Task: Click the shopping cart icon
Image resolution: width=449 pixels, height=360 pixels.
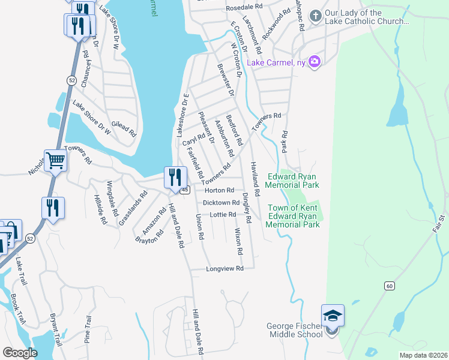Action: coord(55,160)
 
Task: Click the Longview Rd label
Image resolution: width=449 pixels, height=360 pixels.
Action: coord(224,269)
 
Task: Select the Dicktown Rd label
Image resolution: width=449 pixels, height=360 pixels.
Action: coord(221,203)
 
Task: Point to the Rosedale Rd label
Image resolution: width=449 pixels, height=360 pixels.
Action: coord(245,7)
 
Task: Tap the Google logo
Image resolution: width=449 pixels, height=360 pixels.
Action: coord(20,353)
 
